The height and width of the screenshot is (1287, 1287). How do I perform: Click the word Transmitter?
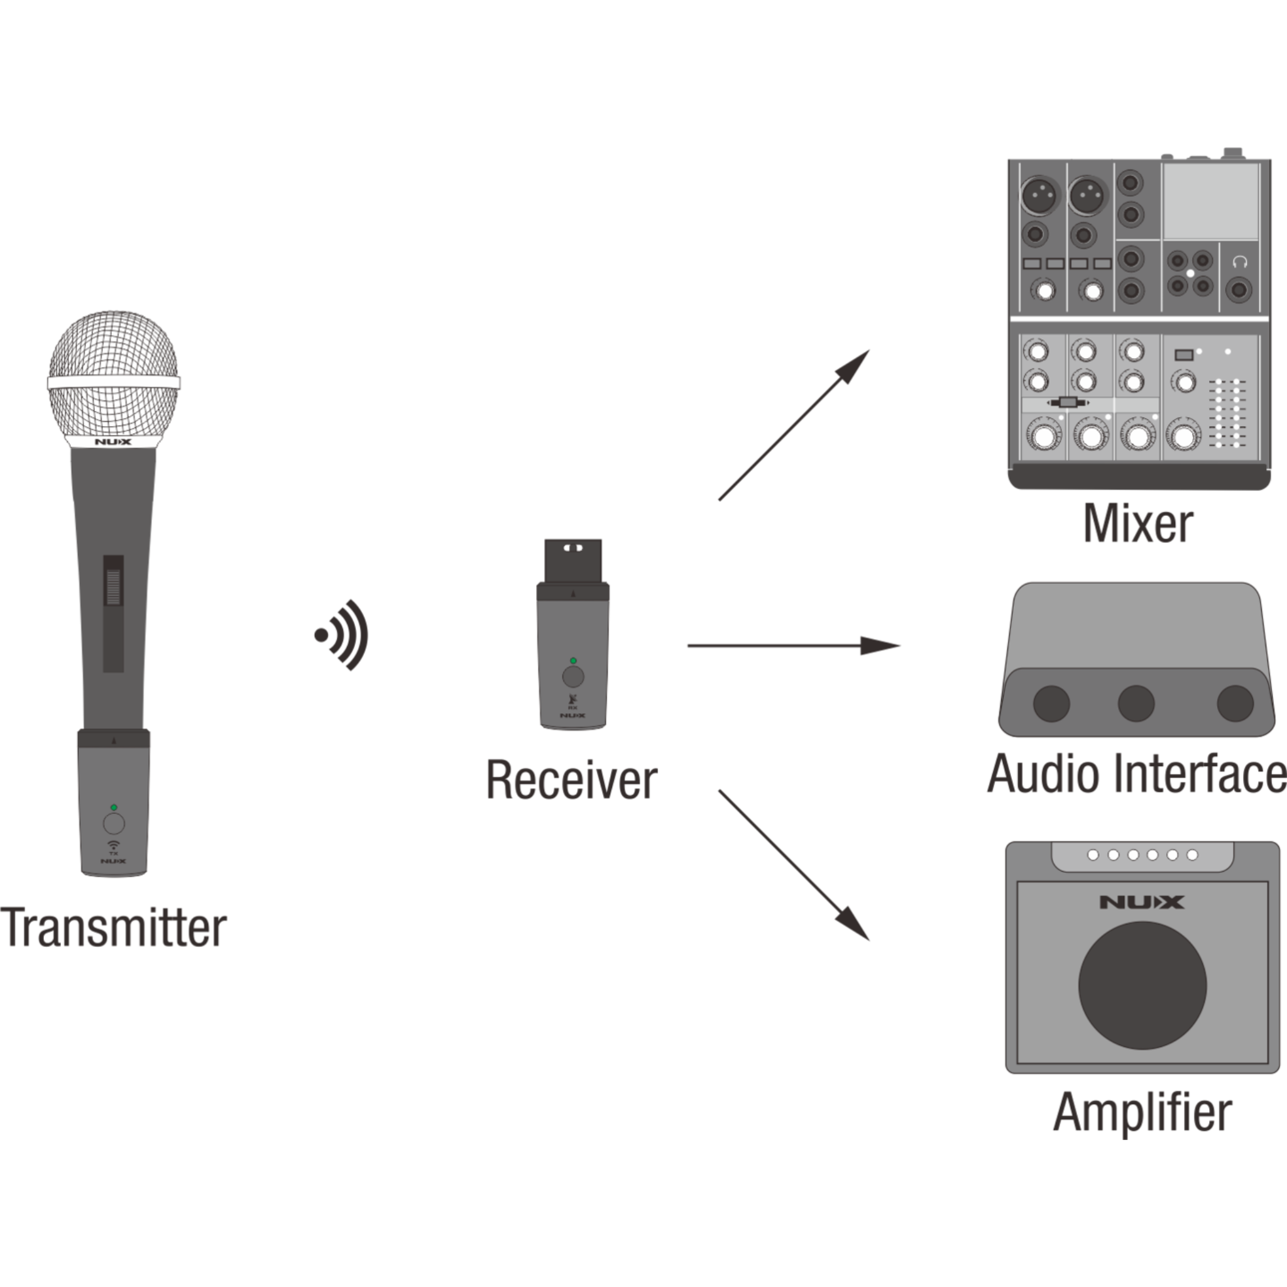tap(113, 928)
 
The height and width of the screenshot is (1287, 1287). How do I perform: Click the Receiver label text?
tap(572, 780)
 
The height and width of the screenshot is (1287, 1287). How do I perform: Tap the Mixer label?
tap(1138, 524)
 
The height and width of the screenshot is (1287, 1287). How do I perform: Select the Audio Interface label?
tap(1136, 774)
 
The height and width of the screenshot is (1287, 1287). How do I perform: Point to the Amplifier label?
tap(1142, 1112)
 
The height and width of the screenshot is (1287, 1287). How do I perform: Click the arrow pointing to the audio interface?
tap(792, 645)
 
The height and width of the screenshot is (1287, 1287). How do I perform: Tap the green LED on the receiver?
tap(573, 661)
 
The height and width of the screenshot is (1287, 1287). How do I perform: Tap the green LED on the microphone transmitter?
tap(114, 808)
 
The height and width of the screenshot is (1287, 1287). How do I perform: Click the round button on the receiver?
tap(573, 677)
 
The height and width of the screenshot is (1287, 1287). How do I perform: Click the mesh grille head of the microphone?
tap(113, 376)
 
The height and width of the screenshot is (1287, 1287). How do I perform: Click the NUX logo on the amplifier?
tap(1142, 902)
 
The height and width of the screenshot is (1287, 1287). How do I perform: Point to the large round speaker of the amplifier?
tap(1142, 986)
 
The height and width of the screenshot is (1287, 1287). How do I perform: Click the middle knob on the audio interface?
tap(1136, 703)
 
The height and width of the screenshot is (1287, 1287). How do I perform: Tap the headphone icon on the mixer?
tap(1239, 261)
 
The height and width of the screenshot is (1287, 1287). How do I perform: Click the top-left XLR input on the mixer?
tap(1039, 195)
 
